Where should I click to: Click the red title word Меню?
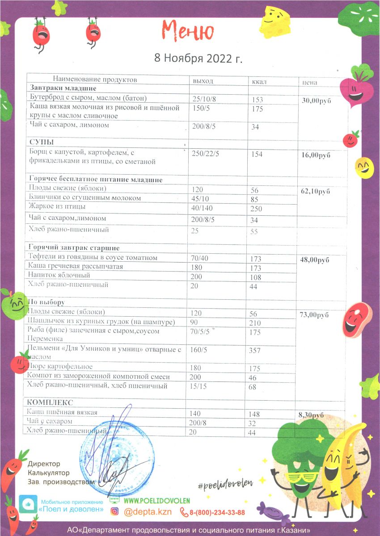188,31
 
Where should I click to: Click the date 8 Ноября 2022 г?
198,59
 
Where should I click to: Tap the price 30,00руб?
317,101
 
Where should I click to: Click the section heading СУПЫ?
42,142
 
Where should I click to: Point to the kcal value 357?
254,351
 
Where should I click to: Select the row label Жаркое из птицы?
57,207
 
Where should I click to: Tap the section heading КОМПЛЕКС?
50,402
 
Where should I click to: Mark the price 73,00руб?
316,315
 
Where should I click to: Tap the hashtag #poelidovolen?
225,483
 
